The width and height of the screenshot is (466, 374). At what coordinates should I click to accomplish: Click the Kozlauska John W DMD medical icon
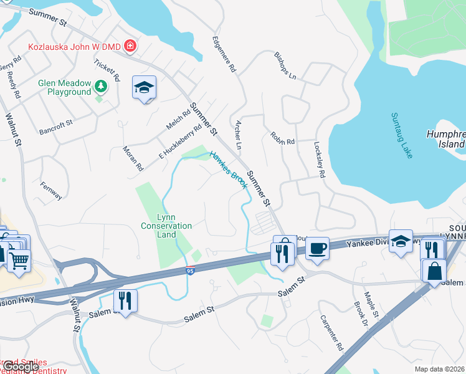[130, 46]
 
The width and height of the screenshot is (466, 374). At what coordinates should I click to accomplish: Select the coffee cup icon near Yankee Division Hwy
[317, 249]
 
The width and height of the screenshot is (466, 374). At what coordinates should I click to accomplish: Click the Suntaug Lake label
[402, 135]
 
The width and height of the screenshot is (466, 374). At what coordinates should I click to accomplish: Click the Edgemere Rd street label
[224, 51]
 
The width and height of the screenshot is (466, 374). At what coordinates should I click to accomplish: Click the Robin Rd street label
[282, 138]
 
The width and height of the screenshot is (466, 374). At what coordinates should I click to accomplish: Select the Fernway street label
[50, 190]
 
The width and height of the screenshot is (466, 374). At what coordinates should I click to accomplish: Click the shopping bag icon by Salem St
[434, 271]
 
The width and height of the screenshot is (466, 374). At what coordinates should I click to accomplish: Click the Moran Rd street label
[133, 158]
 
